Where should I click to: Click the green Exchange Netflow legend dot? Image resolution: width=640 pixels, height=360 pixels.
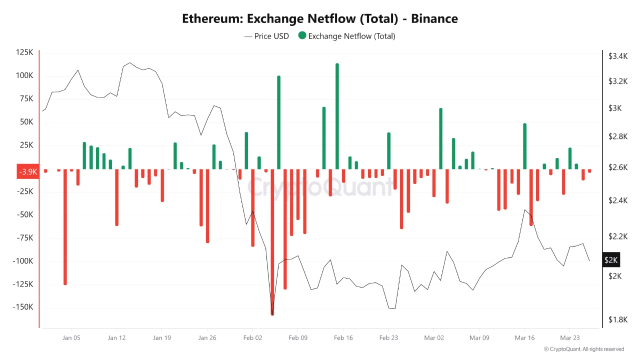click(302, 36)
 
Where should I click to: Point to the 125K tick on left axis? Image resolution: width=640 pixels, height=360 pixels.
click(24, 52)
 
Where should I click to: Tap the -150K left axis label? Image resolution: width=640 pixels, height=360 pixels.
click(23, 307)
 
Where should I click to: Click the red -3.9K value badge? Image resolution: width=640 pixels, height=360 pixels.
click(27, 172)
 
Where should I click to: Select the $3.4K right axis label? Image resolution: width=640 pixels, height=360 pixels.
click(617, 56)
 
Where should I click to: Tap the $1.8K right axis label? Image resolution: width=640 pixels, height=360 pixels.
click(617, 319)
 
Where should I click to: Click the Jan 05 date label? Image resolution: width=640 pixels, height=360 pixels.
click(71, 338)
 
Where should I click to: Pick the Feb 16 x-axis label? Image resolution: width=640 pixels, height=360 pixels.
click(343, 338)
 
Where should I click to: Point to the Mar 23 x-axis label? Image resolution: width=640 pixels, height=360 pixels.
click(569, 338)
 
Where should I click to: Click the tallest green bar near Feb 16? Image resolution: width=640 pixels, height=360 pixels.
click(337, 115)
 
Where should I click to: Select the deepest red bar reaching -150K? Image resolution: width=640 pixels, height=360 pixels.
click(272, 240)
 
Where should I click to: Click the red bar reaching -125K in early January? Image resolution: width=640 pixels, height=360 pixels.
click(65, 225)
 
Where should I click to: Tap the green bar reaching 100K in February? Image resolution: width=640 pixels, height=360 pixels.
click(278, 122)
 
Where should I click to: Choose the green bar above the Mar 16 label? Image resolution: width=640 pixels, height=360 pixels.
click(524, 146)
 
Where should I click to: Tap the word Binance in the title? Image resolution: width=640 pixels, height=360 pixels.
click(434, 19)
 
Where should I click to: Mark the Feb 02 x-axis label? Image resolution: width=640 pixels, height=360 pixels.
click(252, 338)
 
